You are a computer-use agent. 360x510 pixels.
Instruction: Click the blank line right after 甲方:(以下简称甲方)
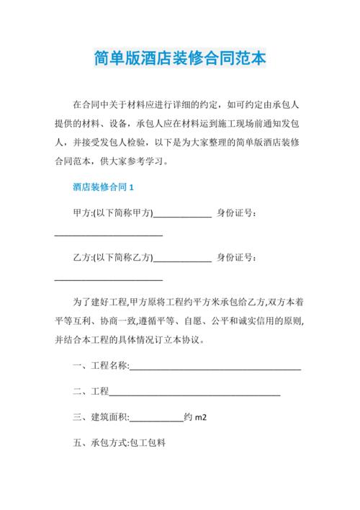pos(183,215)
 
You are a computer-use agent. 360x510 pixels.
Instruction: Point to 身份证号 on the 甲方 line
pos(238,213)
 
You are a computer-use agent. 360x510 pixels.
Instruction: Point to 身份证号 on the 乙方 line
pos(238,257)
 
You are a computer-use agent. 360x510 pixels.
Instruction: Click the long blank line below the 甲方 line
pos(109,236)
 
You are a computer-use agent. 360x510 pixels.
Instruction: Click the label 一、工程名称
pos(101,366)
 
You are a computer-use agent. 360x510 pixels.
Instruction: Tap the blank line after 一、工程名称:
pos(215,368)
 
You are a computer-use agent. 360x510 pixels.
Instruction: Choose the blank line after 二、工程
pos(194,393)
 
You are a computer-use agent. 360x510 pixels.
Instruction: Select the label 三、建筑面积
pos(101,417)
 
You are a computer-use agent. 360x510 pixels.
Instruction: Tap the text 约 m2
pos(196,417)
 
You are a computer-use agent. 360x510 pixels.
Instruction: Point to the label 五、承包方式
pos(100,443)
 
